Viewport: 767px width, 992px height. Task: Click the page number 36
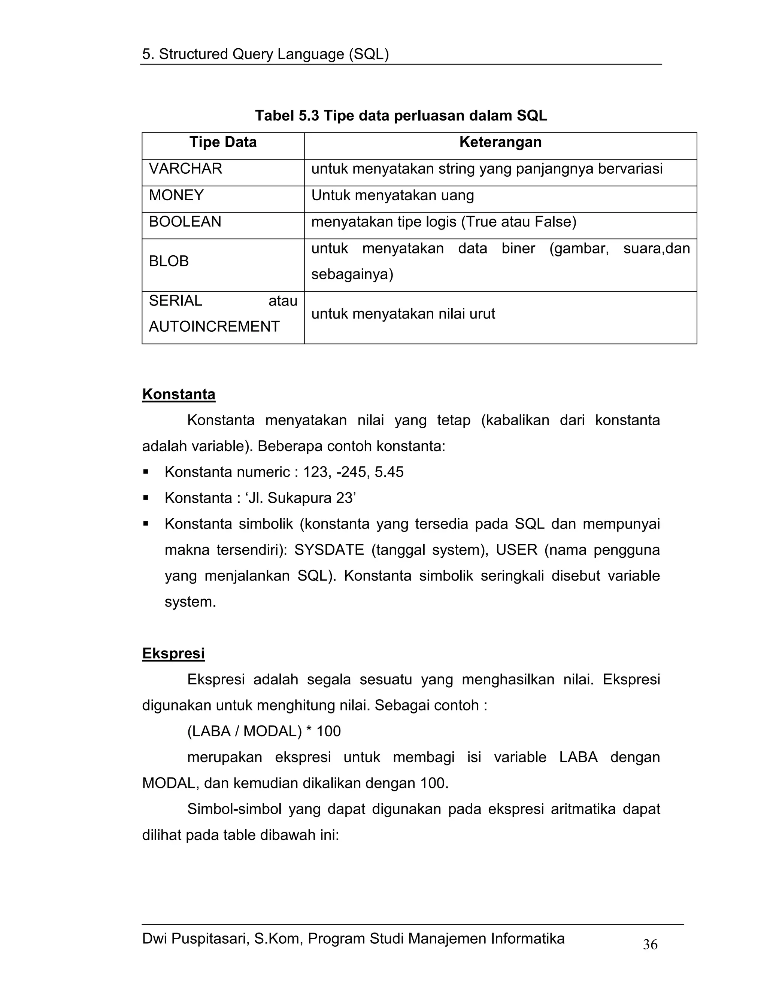coord(650,944)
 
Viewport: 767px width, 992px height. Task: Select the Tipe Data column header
coord(223,142)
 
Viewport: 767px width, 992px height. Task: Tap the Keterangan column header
coord(500,142)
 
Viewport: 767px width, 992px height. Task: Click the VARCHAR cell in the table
coord(185,168)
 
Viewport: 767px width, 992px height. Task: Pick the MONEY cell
coord(176,195)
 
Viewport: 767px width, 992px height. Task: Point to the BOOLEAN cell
coord(185,222)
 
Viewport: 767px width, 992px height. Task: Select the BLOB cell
coord(169,261)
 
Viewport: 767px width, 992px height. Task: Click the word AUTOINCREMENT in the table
coord(214,326)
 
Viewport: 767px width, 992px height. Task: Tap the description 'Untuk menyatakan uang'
coord(392,195)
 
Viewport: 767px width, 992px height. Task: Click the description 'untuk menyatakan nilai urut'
coord(403,314)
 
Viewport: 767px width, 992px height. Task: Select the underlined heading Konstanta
coord(179,394)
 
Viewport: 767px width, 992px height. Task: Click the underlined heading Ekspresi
coord(173,653)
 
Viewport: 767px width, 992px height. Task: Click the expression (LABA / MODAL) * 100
coord(264,731)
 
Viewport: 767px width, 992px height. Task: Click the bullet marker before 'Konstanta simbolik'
coord(146,524)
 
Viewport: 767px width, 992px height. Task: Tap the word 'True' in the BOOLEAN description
coord(480,222)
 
